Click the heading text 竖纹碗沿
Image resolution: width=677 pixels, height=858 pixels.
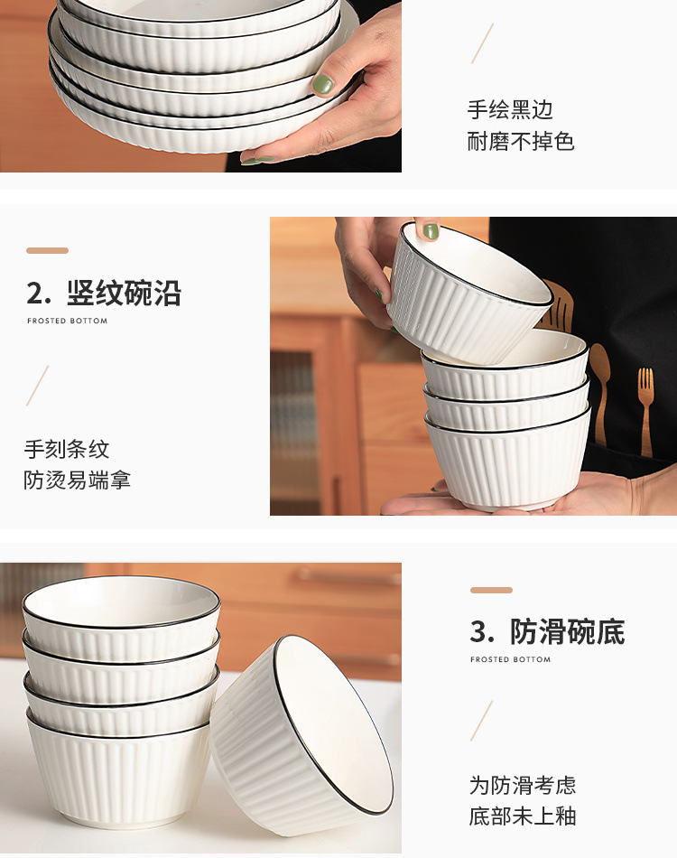point(124,294)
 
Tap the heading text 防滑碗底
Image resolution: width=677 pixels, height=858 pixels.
point(568,632)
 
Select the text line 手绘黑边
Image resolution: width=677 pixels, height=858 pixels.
point(510,110)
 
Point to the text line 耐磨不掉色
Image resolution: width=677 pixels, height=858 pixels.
point(521,142)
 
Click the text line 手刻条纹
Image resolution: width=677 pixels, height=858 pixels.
point(67,449)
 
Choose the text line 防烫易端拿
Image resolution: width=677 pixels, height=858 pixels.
point(78,480)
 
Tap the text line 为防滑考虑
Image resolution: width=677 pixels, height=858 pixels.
point(522,785)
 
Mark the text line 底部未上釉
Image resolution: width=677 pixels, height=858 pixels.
point(522,816)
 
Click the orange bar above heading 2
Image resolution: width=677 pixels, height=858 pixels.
point(47,250)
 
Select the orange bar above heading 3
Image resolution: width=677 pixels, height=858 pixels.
point(491,590)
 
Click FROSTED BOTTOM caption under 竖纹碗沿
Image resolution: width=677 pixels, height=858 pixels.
point(67,321)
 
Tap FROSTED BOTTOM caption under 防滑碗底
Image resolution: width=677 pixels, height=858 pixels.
point(511,659)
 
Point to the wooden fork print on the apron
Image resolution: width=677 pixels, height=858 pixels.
point(645,411)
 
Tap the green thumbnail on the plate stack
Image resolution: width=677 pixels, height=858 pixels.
point(322,85)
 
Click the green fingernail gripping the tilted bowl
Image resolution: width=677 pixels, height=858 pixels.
point(431,231)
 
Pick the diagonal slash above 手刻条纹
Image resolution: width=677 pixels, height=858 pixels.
point(37,386)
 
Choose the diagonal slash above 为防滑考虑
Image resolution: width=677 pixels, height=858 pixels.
point(482,721)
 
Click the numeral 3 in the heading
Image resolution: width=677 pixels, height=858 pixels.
point(478,632)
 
